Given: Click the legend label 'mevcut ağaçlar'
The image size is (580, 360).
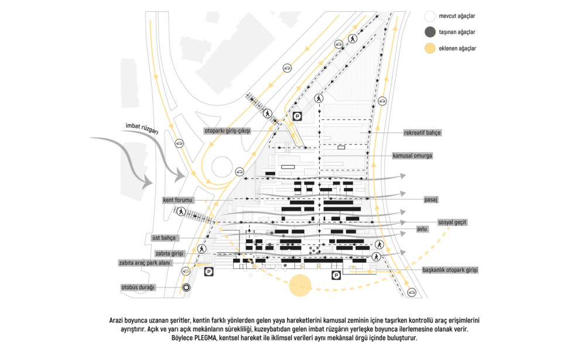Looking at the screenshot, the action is (x=457, y=16).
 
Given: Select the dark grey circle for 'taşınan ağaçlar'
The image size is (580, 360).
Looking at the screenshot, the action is (x=430, y=32).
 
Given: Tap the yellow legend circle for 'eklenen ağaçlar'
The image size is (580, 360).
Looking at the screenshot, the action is (x=430, y=48).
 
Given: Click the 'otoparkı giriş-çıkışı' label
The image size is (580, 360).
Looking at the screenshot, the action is (x=227, y=131).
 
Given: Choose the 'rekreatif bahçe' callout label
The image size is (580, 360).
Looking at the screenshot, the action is (x=422, y=133).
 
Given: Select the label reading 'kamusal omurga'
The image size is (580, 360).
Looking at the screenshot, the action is (x=412, y=156).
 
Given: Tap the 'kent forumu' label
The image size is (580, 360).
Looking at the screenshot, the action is (x=178, y=200).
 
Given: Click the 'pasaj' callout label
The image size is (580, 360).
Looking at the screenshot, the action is (x=431, y=200).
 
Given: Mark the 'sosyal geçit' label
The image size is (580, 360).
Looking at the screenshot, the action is (x=452, y=222).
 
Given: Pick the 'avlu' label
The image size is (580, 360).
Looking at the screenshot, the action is (x=422, y=229).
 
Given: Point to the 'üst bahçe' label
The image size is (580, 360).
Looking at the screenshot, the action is (x=164, y=238).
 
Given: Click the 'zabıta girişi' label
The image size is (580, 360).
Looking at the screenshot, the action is (x=169, y=253).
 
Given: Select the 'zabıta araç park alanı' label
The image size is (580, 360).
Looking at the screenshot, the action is (x=145, y=263).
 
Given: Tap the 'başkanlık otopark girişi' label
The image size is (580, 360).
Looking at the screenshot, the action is (x=450, y=270).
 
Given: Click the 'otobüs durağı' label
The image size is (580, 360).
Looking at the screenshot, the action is (x=138, y=287).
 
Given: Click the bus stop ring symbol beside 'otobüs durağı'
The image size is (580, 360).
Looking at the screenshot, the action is (x=186, y=287).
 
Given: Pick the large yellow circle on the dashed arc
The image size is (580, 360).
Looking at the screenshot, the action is (x=301, y=285).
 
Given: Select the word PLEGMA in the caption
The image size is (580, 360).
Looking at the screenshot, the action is (x=204, y=338).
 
